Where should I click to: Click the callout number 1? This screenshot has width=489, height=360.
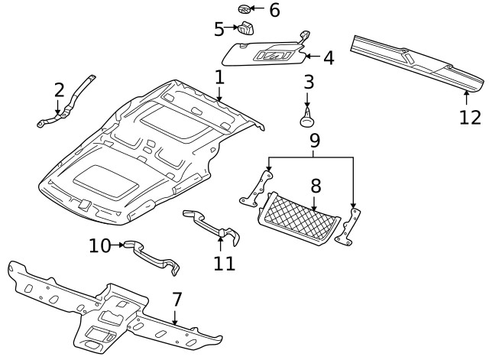219,77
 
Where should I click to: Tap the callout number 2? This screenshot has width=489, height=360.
59,91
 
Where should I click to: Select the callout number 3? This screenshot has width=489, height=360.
308,82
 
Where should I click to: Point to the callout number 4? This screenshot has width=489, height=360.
329,57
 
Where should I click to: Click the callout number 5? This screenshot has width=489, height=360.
219,29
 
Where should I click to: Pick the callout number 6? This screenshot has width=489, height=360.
274,10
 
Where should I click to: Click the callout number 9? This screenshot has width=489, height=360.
313,141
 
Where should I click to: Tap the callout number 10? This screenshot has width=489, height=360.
99,245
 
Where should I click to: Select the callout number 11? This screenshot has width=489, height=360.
224,264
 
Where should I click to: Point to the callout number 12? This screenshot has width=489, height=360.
470,117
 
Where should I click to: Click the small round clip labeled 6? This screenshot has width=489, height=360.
244,10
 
